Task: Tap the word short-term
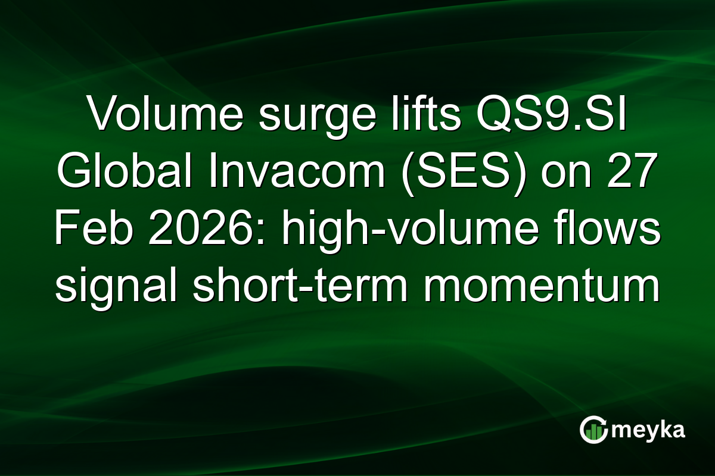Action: [316, 289]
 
